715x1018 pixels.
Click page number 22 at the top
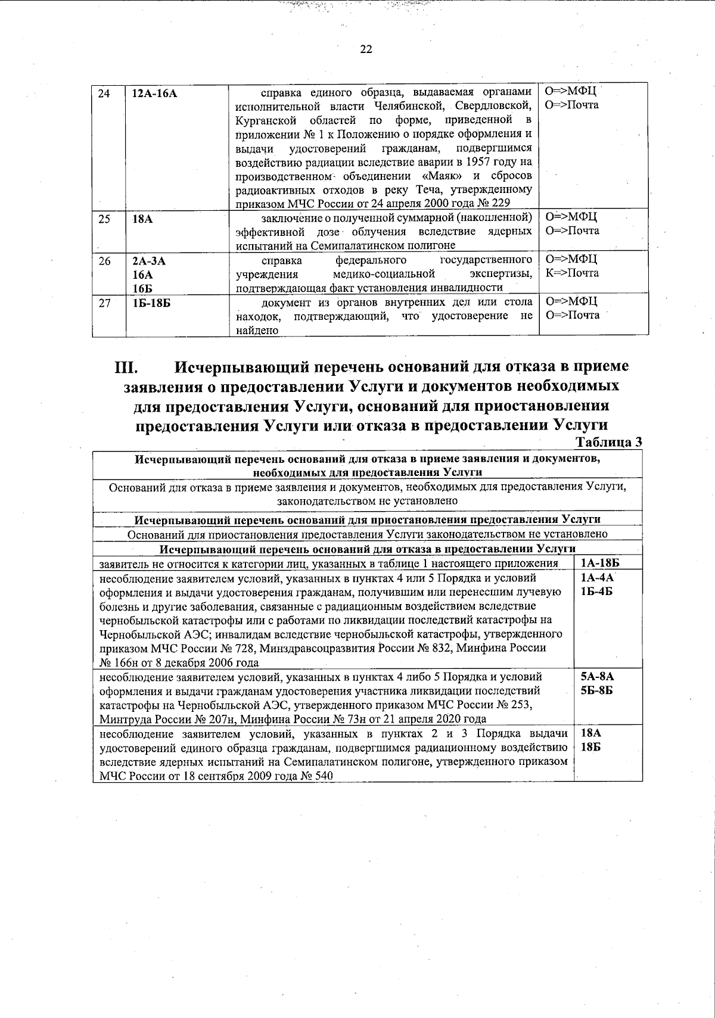366,50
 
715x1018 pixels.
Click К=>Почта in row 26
572,273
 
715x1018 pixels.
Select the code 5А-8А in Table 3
597,677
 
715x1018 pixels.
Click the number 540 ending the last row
323,776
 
